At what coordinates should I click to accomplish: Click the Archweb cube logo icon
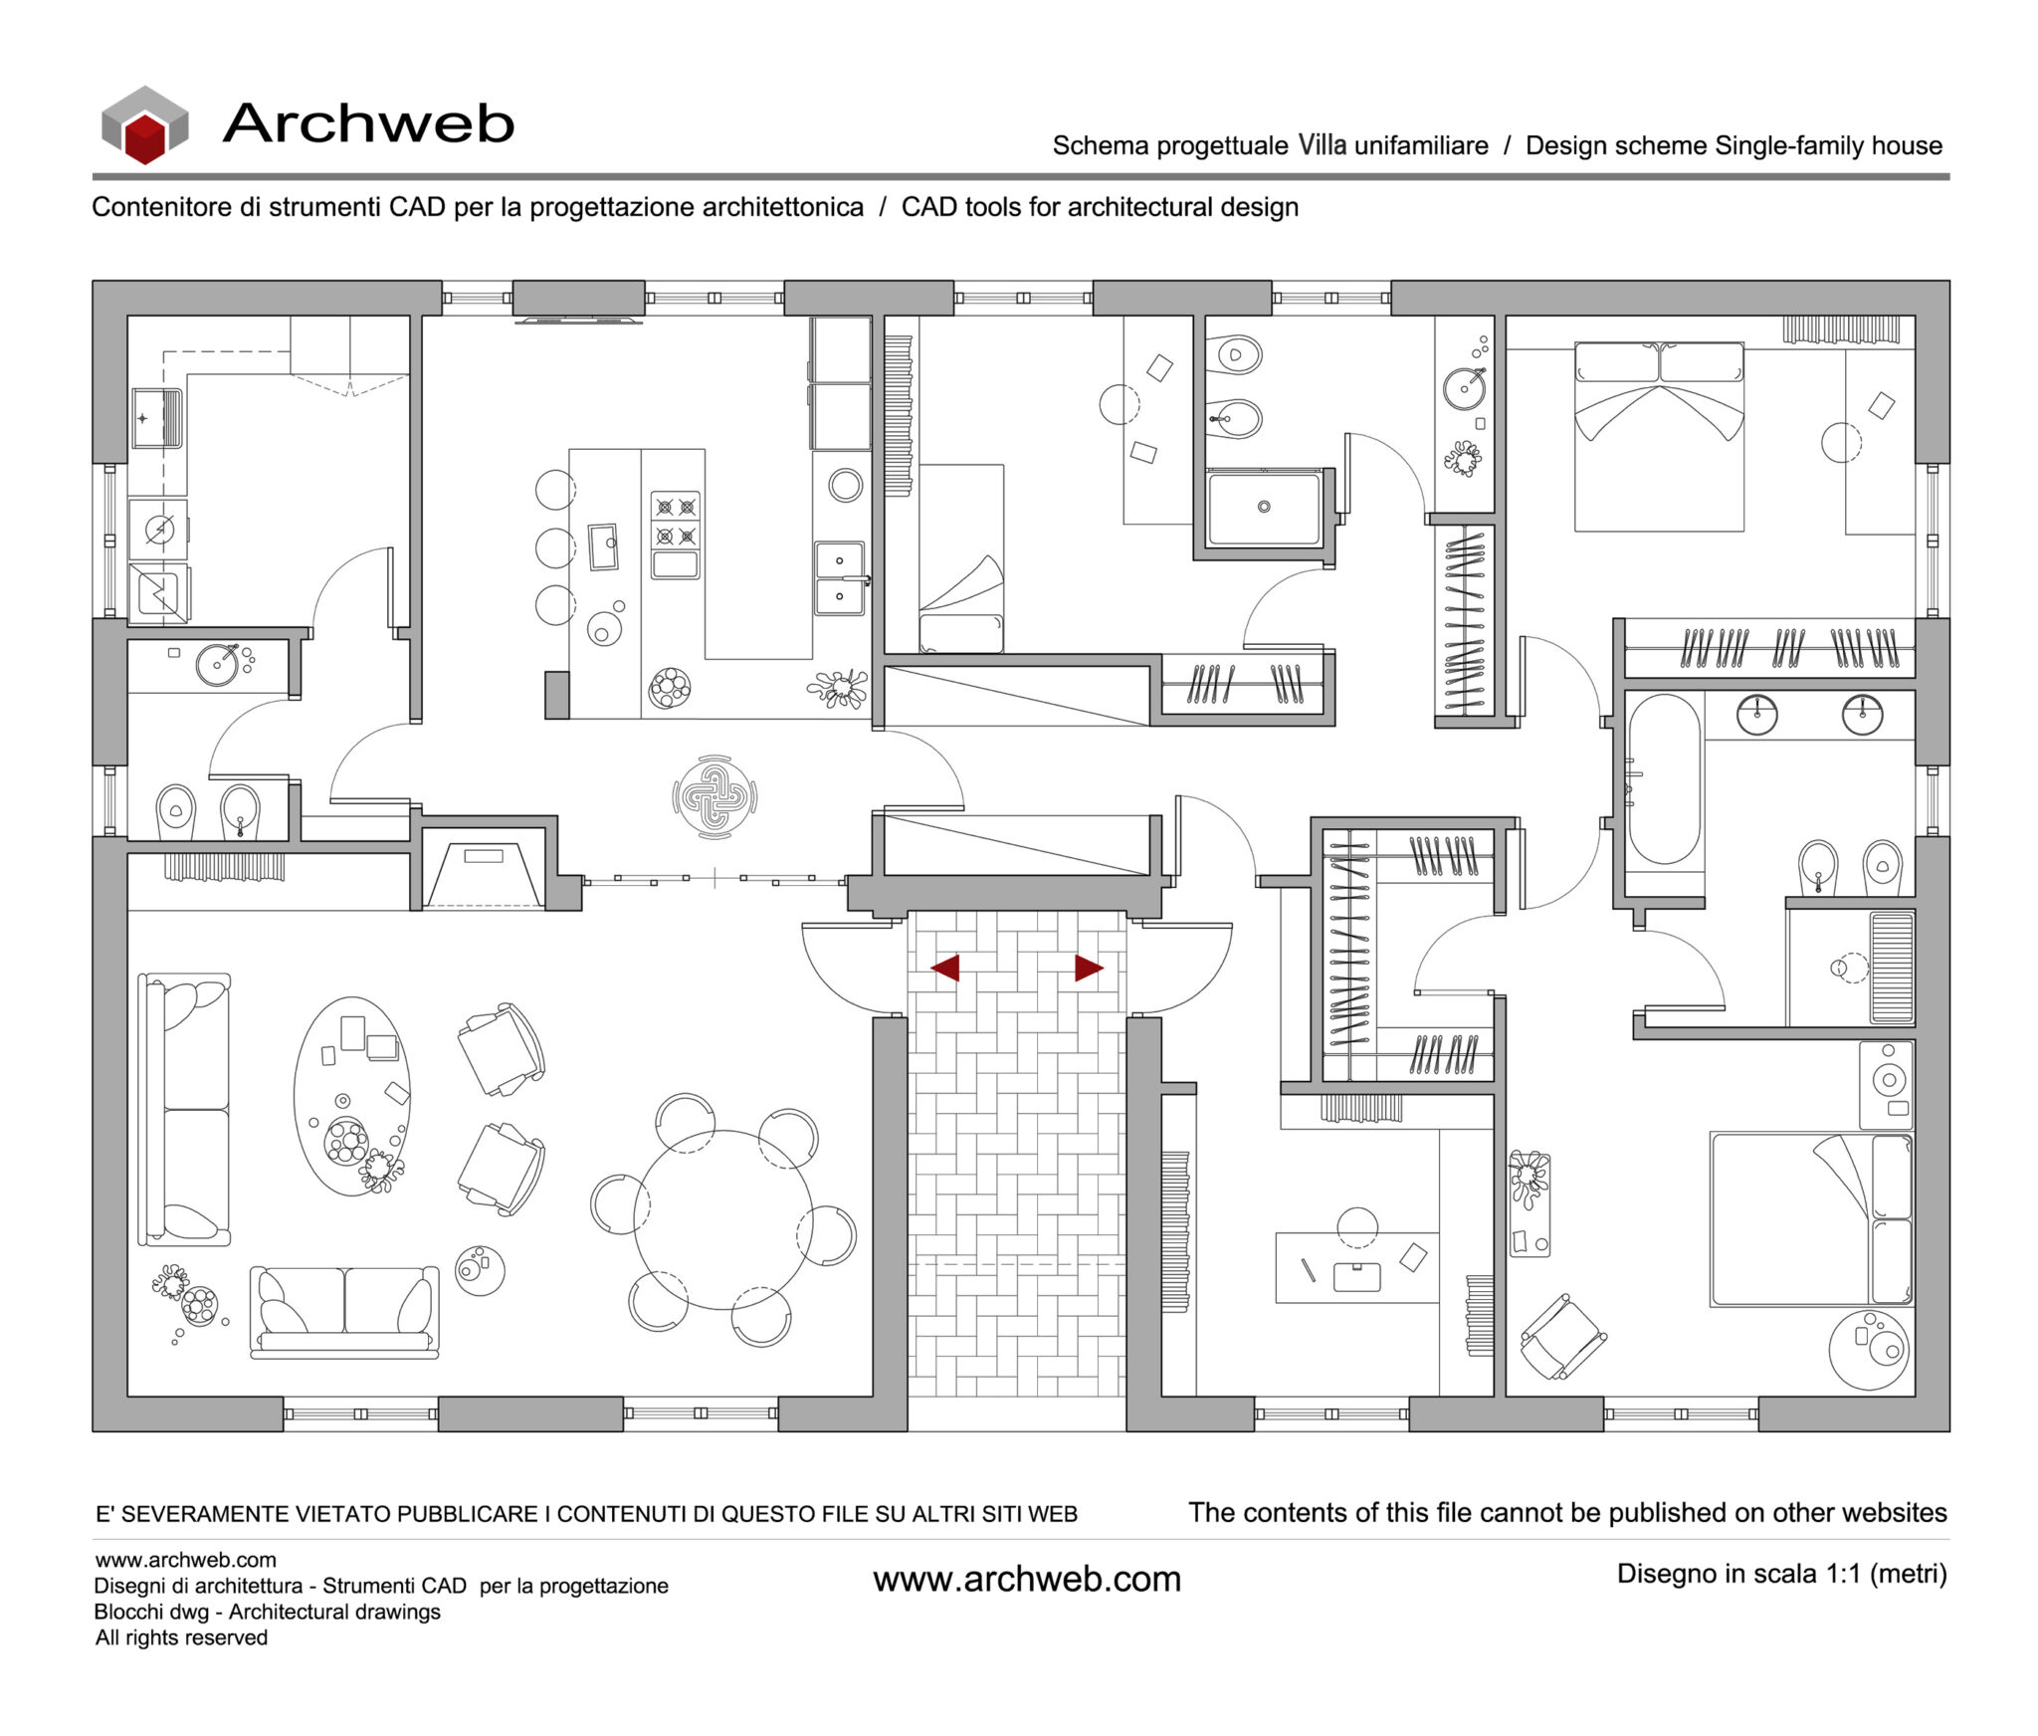coord(145,125)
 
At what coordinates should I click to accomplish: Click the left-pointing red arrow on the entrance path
coord(945,968)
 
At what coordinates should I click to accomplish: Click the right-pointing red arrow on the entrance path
coord(1088,968)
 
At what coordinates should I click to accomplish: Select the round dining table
coord(722,1219)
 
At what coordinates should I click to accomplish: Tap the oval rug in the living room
coord(351,1095)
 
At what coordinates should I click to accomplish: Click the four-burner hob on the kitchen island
coord(676,522)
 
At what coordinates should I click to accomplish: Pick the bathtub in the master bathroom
coord(1663,779)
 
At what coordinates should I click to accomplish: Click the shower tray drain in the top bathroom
coord(1264,507)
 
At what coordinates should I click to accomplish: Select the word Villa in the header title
coord(1323,145)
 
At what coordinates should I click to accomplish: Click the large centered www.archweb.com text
coord(1027,1580)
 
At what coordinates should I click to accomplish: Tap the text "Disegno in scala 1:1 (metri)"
coord(1781,1574)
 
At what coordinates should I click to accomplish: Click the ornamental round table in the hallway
coord(714,796)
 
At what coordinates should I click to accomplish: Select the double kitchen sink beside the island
coord(839,578)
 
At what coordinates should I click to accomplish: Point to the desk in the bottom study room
coord(1356,1267)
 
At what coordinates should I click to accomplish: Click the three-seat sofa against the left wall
coord(184,1109)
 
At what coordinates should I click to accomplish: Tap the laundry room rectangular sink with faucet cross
coord(156,418)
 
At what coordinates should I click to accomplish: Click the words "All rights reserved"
coord(181,1637)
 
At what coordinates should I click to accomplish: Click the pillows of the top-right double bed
coord(1659,362)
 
